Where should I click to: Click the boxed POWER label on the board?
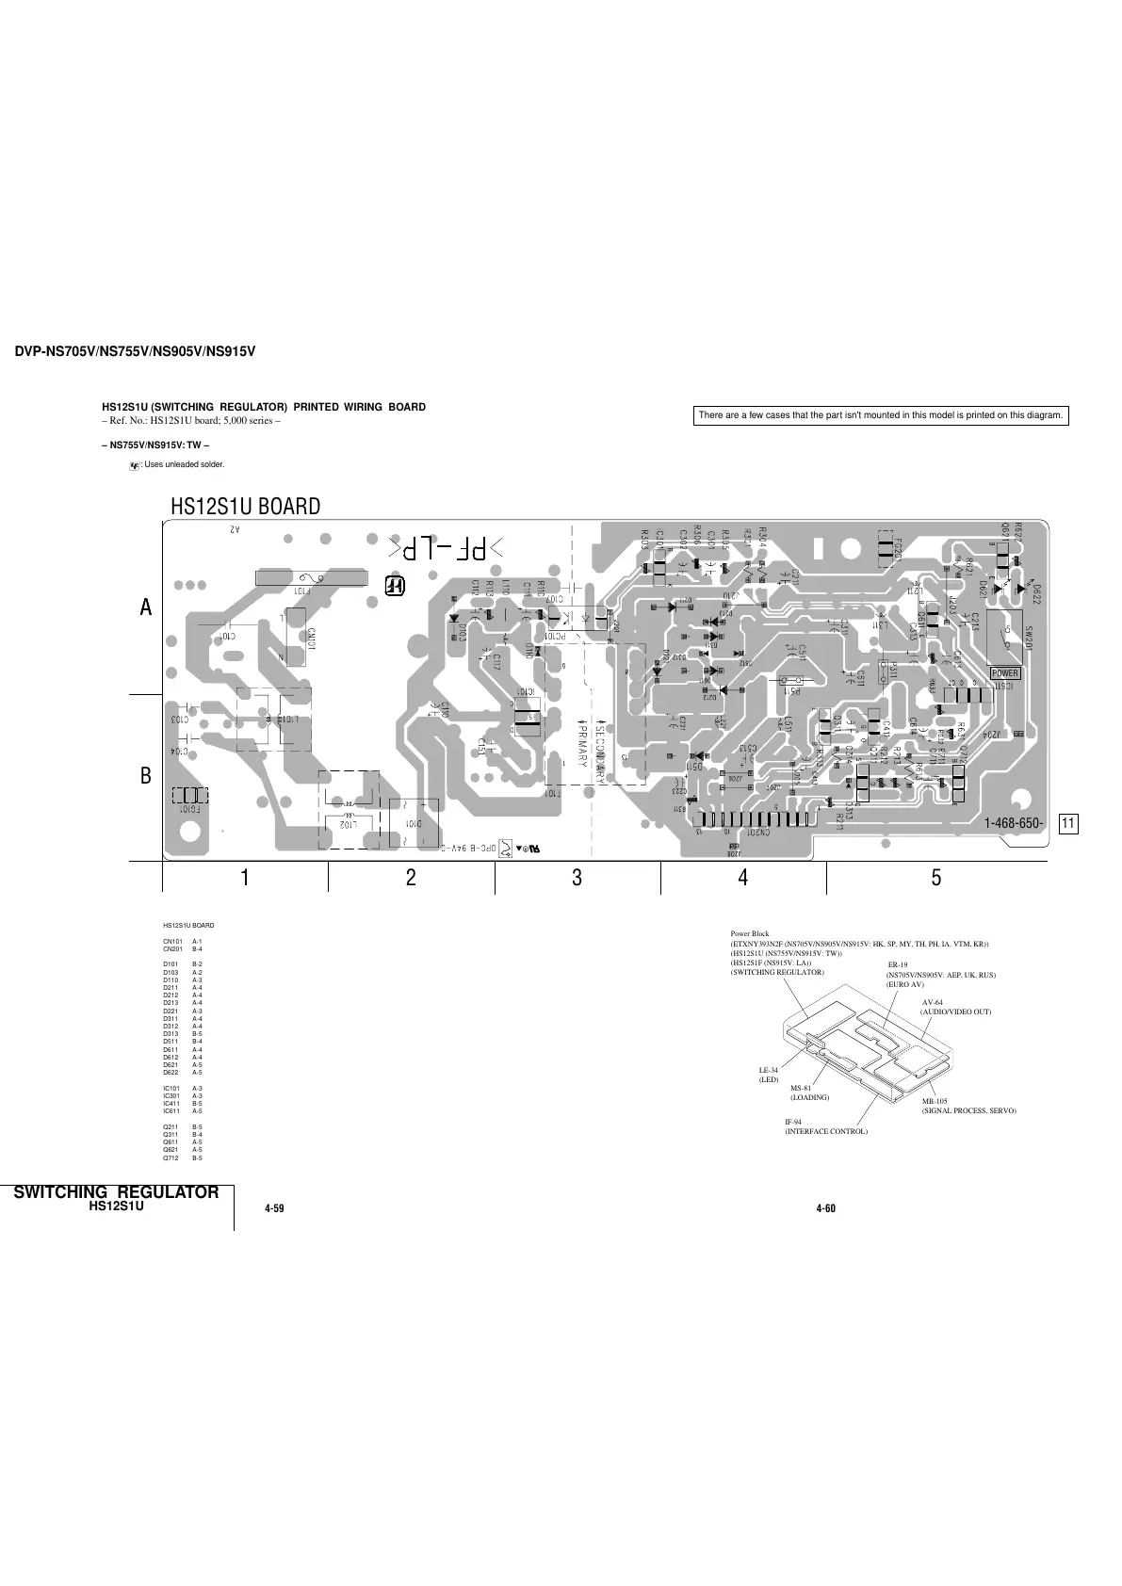pyautogui.click(x=1004, y=673)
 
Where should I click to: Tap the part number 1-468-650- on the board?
pyautogui.click(x=1013, y=823)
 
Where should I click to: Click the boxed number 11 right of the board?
pyautogui.click(x=1068, y=824)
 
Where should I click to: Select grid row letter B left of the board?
pyautogui.click(x=146, y=778)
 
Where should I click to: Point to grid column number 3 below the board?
pyautogui.click(x=577, y=878)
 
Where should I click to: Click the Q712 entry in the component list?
pyautogui.click(x=171, y=1157)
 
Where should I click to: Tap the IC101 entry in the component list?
pyautogui.click(x=171, y=1088)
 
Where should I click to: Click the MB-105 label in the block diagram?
pyautogui.click(x=935, y=1101)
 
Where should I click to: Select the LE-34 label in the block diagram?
pyautogui.click(x=769, y=1071)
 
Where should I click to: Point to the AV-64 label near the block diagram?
pyautogui.click(x=933, y=1002)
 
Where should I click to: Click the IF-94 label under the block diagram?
pyautogui.click(x=793, y=1122)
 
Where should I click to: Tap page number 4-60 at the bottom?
pyautogui.click(x=826, y=1208)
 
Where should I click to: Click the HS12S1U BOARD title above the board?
pyautogui.click(x=245, y=506)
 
